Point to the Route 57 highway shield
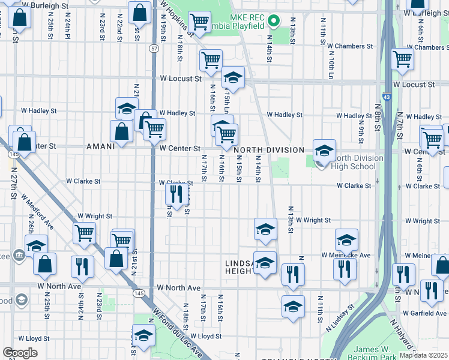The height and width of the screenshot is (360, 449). click(154, 48)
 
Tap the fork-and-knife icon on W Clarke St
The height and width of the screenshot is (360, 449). click(175, 194)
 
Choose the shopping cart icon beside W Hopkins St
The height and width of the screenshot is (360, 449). click(199, 22)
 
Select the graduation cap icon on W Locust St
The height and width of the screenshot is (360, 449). click(233, 78)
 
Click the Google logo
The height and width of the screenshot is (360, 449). click(20, 353)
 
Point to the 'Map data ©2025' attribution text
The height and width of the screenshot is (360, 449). click(423, 355)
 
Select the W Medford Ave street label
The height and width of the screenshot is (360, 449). click(38, 210)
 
